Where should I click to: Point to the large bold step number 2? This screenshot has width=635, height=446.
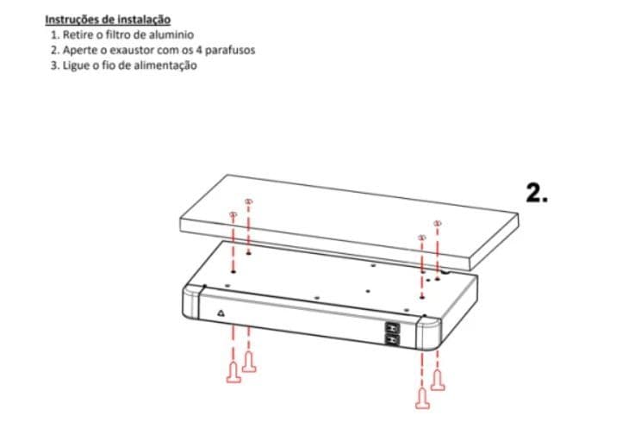tap(537, 193)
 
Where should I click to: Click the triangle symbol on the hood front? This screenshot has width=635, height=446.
tap(221, 313)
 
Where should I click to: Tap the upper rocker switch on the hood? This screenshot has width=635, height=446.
tap(392, 327)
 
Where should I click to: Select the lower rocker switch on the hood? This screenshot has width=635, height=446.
tap(392, 340)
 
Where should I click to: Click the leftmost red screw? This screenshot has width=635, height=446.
tap(233, 373)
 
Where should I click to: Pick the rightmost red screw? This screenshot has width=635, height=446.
tap(438, 381)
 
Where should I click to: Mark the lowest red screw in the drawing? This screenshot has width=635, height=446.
tap(422, 399)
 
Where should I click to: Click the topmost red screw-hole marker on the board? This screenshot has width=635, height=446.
tap(249, 201)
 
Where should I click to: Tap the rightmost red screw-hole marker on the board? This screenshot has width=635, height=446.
tap(437, 223)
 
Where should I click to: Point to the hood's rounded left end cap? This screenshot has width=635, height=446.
tap(191, 303)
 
